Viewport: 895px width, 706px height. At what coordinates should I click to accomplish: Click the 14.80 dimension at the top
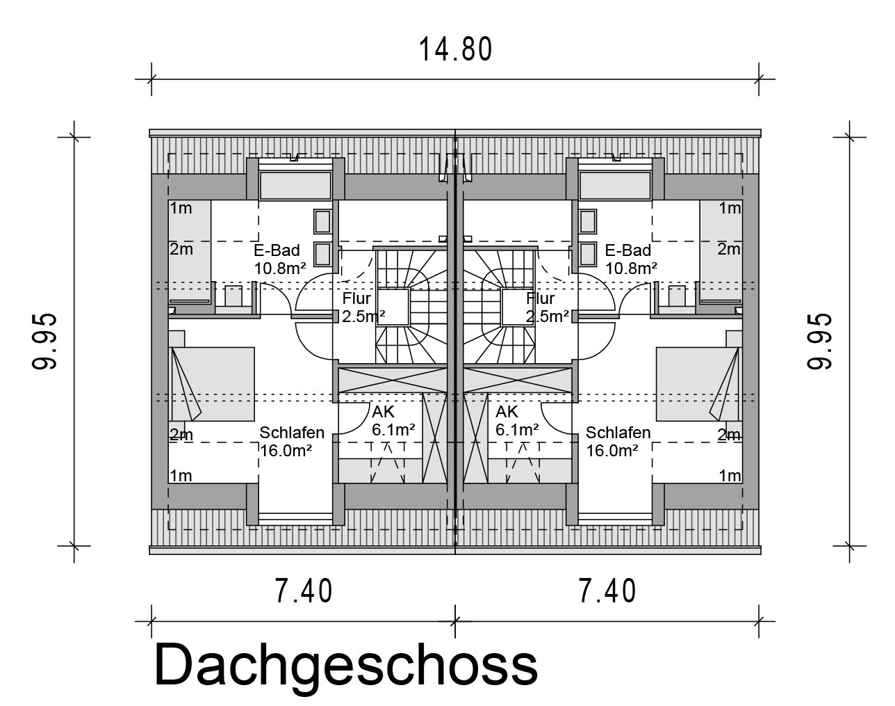click(455, 49)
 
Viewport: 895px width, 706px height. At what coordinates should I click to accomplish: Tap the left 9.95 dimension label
click(44, 341)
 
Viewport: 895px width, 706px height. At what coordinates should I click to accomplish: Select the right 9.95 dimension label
click(819, 341)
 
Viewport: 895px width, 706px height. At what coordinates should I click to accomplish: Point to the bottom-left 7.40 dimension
click(304, 591)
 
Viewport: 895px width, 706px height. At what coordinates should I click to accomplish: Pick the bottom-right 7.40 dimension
click(607, 591)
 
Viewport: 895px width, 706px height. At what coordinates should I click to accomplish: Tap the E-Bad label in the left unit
click(277, 250)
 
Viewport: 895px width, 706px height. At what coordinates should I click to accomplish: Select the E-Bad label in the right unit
click(628, 250)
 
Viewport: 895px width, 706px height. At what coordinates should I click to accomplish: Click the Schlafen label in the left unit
click(292, 433)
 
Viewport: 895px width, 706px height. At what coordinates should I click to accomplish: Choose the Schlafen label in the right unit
click(618, 433)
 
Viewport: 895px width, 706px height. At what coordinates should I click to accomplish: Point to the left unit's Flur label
click(356, 298)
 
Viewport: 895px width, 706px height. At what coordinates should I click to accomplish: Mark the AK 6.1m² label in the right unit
click(518, 421)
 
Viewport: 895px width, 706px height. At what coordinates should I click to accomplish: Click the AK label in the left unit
click(383, 412)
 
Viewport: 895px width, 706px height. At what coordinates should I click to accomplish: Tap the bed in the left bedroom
click(213, 384)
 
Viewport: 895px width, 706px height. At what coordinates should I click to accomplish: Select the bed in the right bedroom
click(698, 384)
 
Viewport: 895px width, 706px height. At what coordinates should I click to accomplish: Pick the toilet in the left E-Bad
click(233, 296)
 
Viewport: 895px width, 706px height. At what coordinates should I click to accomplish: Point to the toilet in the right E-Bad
click(677, 296)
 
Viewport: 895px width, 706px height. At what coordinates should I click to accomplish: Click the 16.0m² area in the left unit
click(286, 451)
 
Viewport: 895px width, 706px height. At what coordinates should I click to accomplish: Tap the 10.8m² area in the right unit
click(632, 268)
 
